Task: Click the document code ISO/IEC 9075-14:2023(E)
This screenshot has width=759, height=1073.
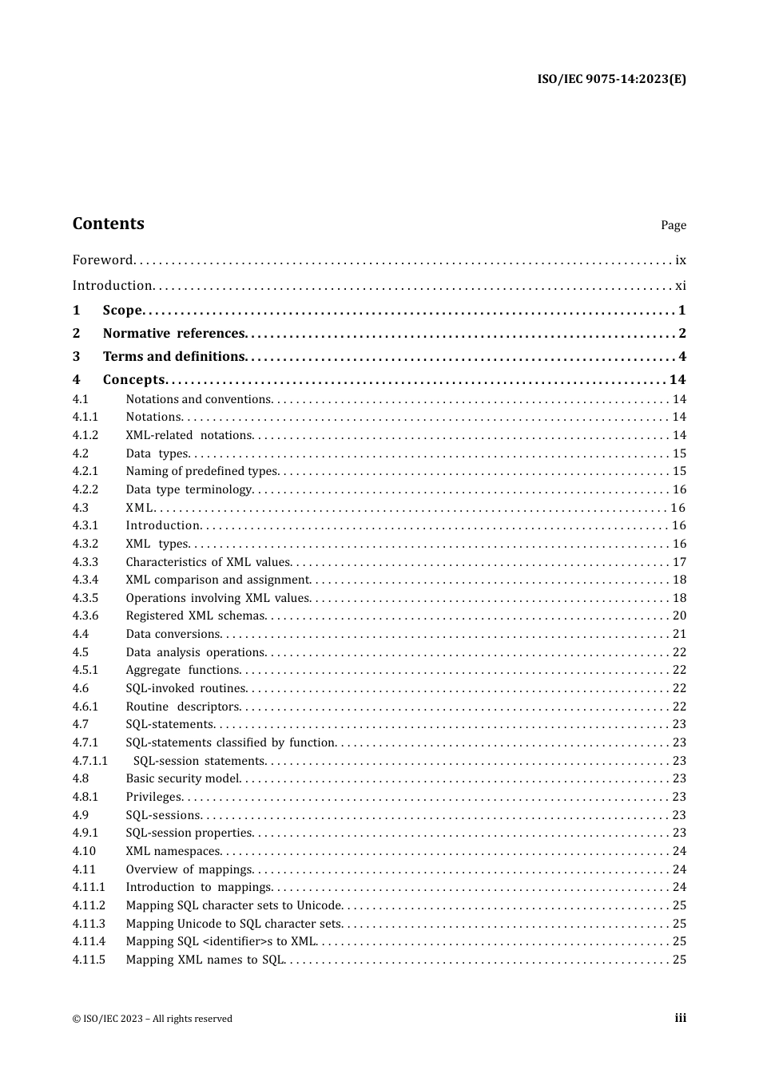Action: click(611, 79)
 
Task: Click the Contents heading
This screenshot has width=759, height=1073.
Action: click(109, 224)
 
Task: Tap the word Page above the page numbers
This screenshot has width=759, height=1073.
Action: click(673, 225)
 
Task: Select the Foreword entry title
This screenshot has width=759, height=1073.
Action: click(102, 259)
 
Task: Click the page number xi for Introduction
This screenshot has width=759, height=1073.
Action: click(680, 285)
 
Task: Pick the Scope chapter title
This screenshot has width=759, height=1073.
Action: click(122, 311)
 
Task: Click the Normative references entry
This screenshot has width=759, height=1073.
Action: click(173, 334)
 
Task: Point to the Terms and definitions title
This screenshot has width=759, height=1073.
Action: click(173, 357)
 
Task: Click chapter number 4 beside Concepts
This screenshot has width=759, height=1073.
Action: click(77, 380)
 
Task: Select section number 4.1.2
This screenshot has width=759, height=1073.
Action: click(85, 435)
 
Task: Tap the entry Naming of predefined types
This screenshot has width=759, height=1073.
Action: click(201, 471)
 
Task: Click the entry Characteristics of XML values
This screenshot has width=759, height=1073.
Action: click(209, 562)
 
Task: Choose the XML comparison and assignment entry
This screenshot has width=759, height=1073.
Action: click(217, 580)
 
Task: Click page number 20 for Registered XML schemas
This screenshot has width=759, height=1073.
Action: click(679, 616)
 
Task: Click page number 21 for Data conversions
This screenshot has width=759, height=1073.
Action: click(679, 634)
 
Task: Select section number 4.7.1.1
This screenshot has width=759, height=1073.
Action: click(89, 761)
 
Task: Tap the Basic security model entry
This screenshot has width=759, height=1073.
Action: click(183, 778)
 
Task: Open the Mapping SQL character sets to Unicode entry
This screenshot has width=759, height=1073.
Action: click(234, 905)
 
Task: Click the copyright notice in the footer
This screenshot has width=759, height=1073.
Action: click(153, 1019)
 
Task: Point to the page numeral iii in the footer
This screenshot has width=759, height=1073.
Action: click(680, 1018)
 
